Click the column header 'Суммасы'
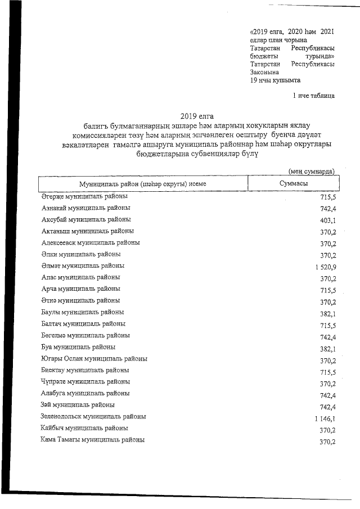click(293, 184)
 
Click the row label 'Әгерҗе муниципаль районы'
click(84, 196)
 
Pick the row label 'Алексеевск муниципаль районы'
click(91, 242)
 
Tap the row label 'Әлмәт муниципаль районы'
click(83, 265)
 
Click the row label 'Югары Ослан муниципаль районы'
click(94, 358)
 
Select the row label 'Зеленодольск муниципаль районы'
click(94, 417)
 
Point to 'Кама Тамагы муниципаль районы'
click(93, 440)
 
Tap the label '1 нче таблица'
click(313, 95)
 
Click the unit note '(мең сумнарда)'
click(311, 170)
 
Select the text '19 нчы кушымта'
click(275, 80)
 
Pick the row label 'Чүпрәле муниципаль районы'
click(86, 382)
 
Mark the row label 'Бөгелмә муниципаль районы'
click(86, 335)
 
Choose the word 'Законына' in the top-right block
click(264, 72)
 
